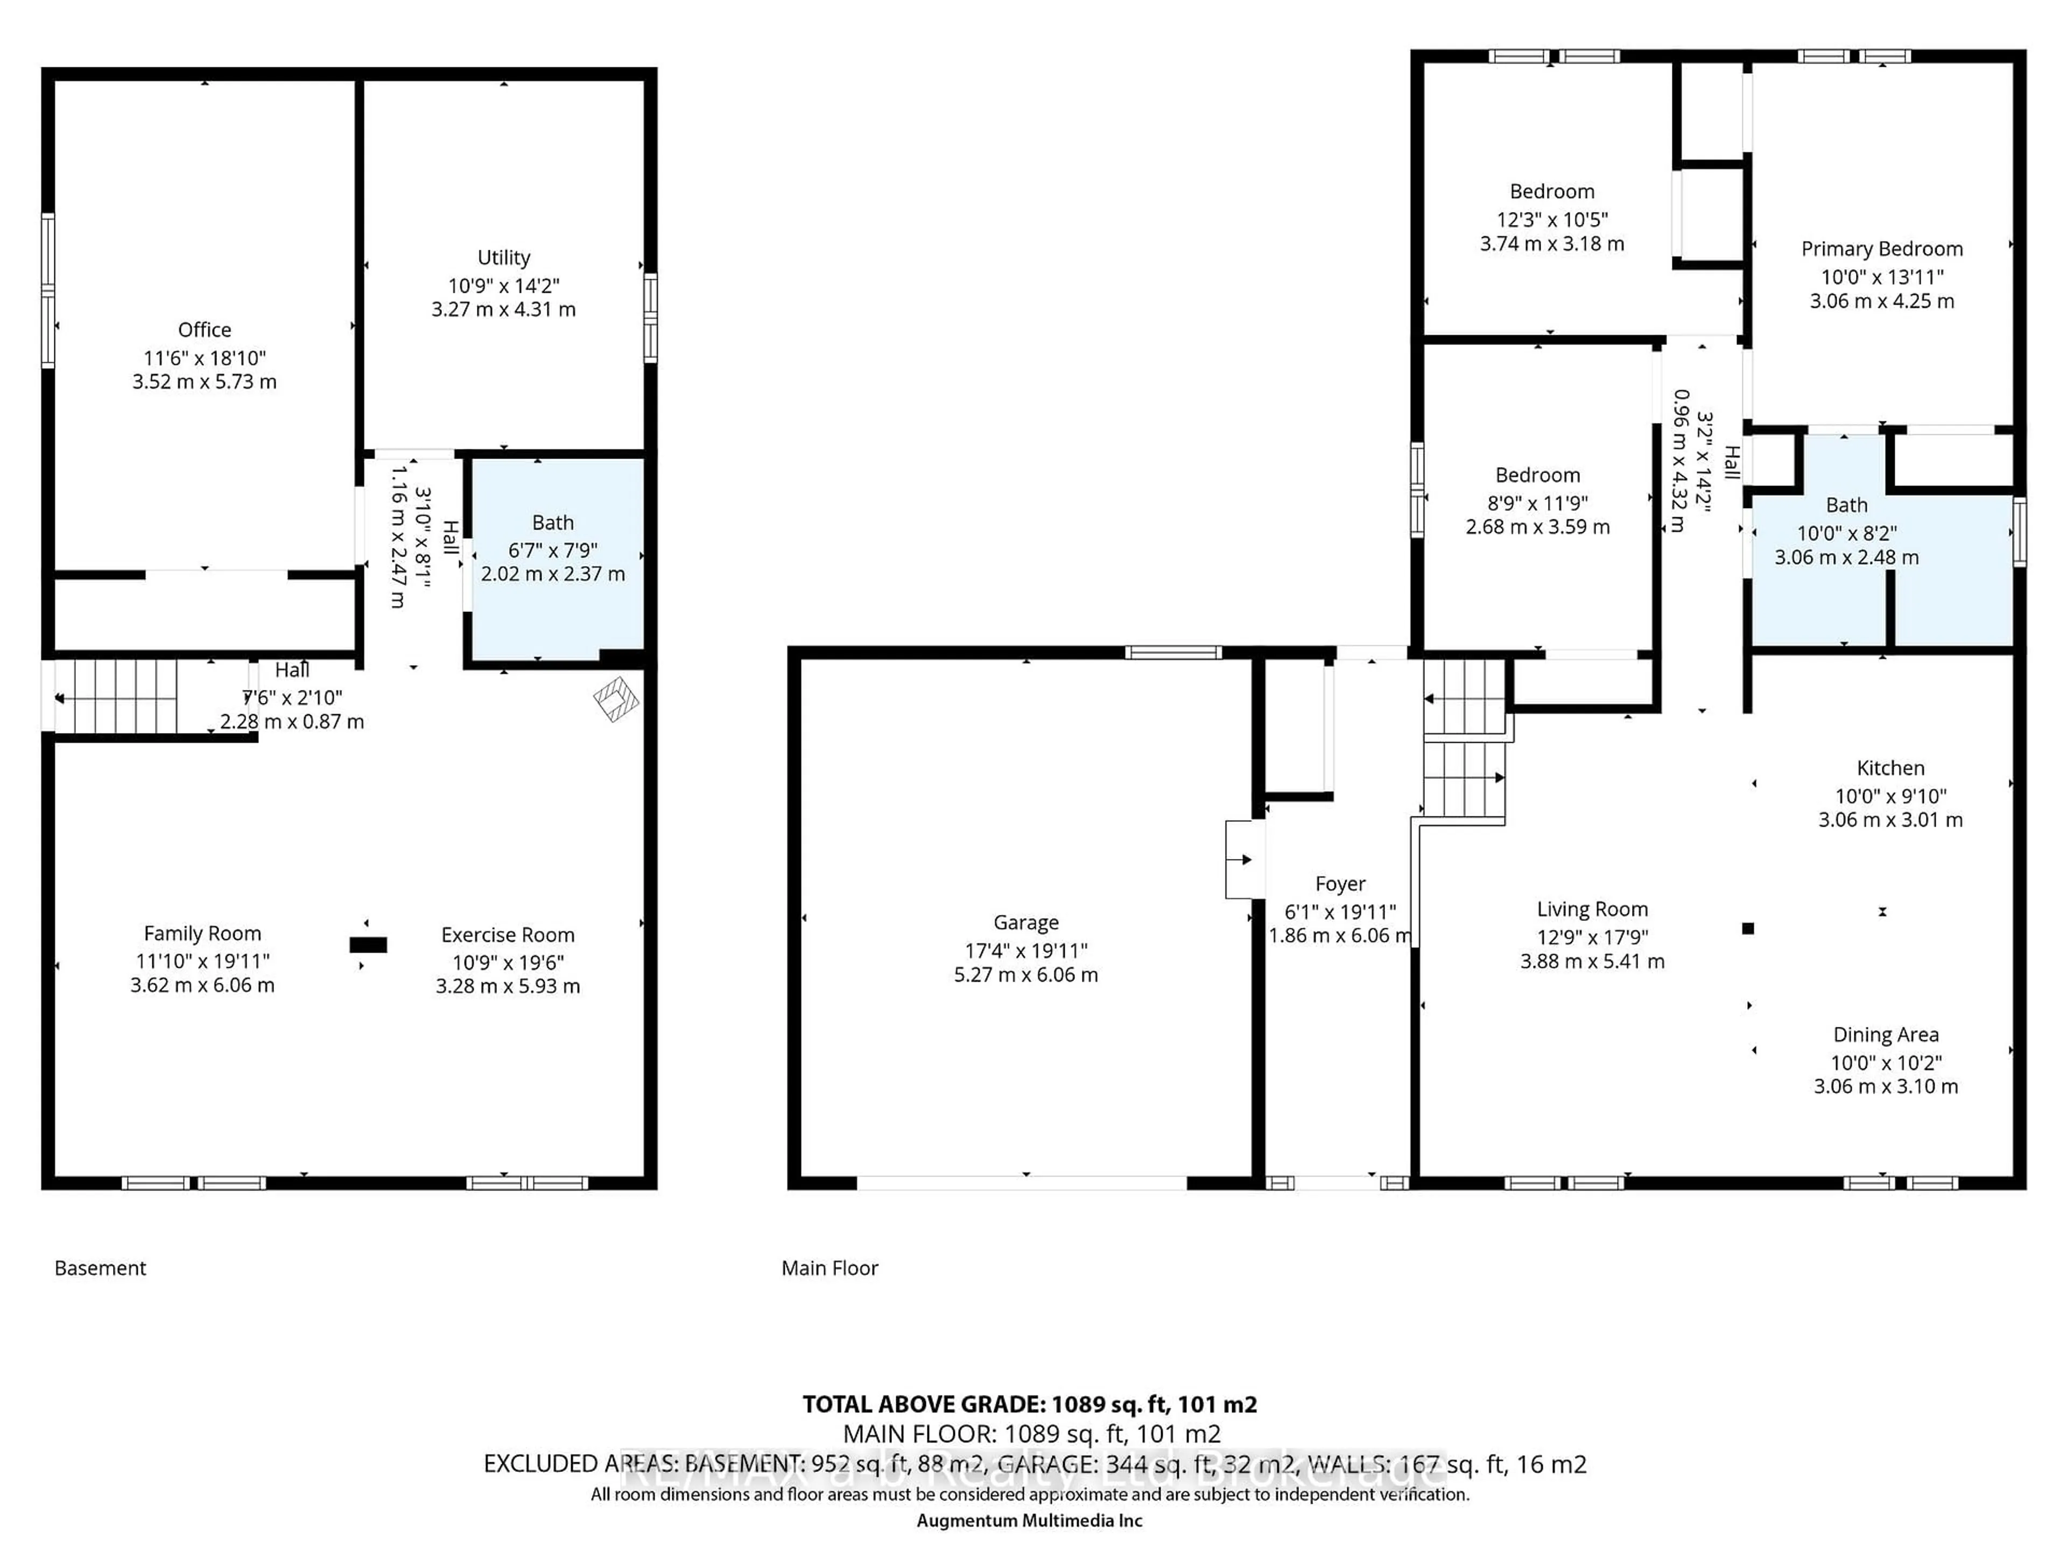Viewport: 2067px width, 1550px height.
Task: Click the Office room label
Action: pos(205,330)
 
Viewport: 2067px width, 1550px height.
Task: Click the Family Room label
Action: pos(203,933)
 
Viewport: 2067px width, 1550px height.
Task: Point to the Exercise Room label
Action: pos(508,935)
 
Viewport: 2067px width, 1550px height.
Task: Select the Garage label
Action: pos(1026,923)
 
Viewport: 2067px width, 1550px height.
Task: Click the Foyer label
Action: pos(1340,884)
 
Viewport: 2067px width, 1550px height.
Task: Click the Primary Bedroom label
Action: pos(1882,249)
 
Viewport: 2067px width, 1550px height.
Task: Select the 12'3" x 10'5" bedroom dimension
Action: pos(1552,220)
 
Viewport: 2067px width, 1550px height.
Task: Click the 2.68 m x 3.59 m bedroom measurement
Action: pos(1537,527)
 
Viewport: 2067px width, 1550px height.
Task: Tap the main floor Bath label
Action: pos(1846,505)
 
